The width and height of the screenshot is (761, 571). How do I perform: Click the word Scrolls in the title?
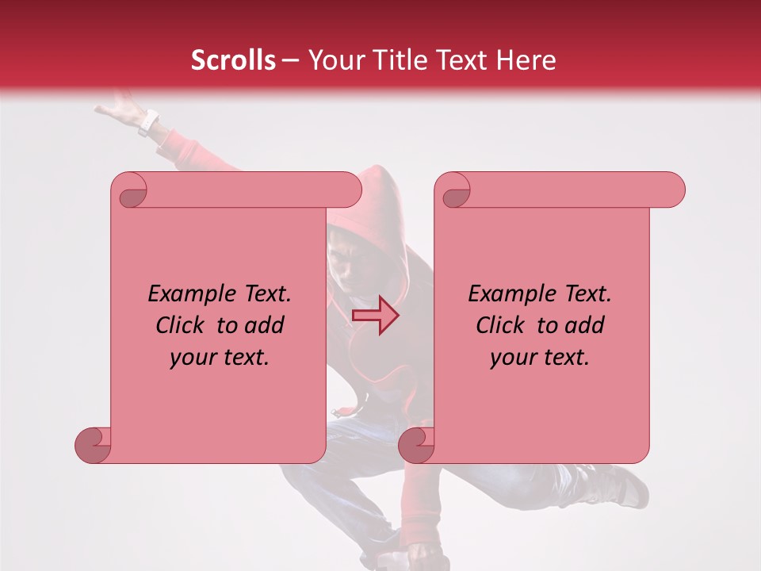pyautogui.click(x=233, y=60)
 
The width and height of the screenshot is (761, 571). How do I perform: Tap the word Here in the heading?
pyautogui.click(x=526, y=60)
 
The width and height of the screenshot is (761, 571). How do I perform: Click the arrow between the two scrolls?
pyautogui.click(x=375, y=316)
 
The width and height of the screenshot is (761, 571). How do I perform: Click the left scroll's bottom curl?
pyautogui.click(x=93, y=445)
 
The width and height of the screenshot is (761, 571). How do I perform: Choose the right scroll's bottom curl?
pyautogui.click(x=416, y=445)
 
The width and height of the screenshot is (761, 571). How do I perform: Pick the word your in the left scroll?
pyautogui.click(x=193, y=358)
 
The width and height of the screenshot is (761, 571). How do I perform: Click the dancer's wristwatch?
pyautogui.click(x=147, y=124)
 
